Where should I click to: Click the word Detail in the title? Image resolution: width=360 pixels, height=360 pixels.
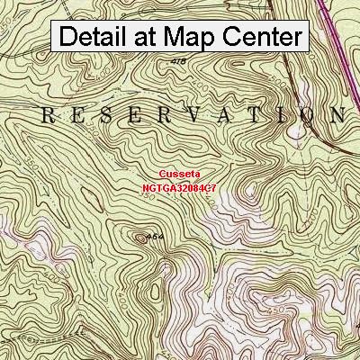pyautogui.click(x=96, y=37)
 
